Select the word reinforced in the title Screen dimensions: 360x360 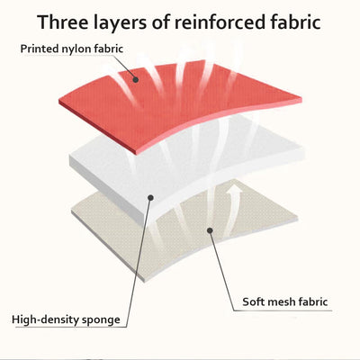(x=223, y=22)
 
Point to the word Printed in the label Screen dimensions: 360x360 (x=39, y=49)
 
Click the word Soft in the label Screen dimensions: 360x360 (x=253, y=301)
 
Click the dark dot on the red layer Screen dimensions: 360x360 (x=136, y=80)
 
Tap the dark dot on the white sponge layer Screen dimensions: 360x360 (x=151, y=197)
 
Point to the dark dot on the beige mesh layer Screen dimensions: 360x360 (x=210, y=230)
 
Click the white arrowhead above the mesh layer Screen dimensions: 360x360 (x=233, y=191)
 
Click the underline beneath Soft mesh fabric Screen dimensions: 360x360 (x=283, y=310)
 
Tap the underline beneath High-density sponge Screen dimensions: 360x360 (x=71, y=327)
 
